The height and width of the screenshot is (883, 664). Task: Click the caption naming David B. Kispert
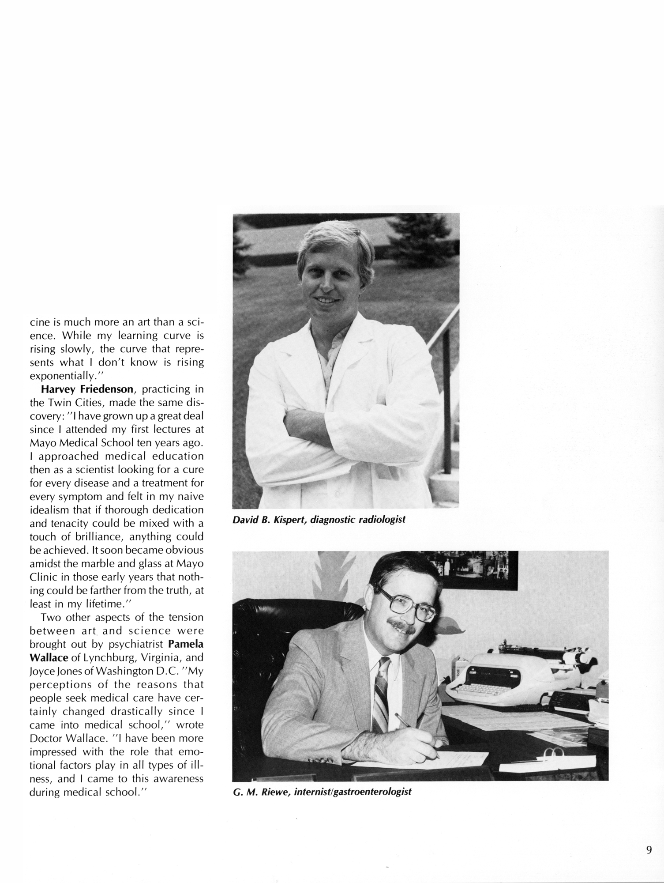click(319, 520)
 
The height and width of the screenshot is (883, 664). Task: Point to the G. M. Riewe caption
click(322, 792)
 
